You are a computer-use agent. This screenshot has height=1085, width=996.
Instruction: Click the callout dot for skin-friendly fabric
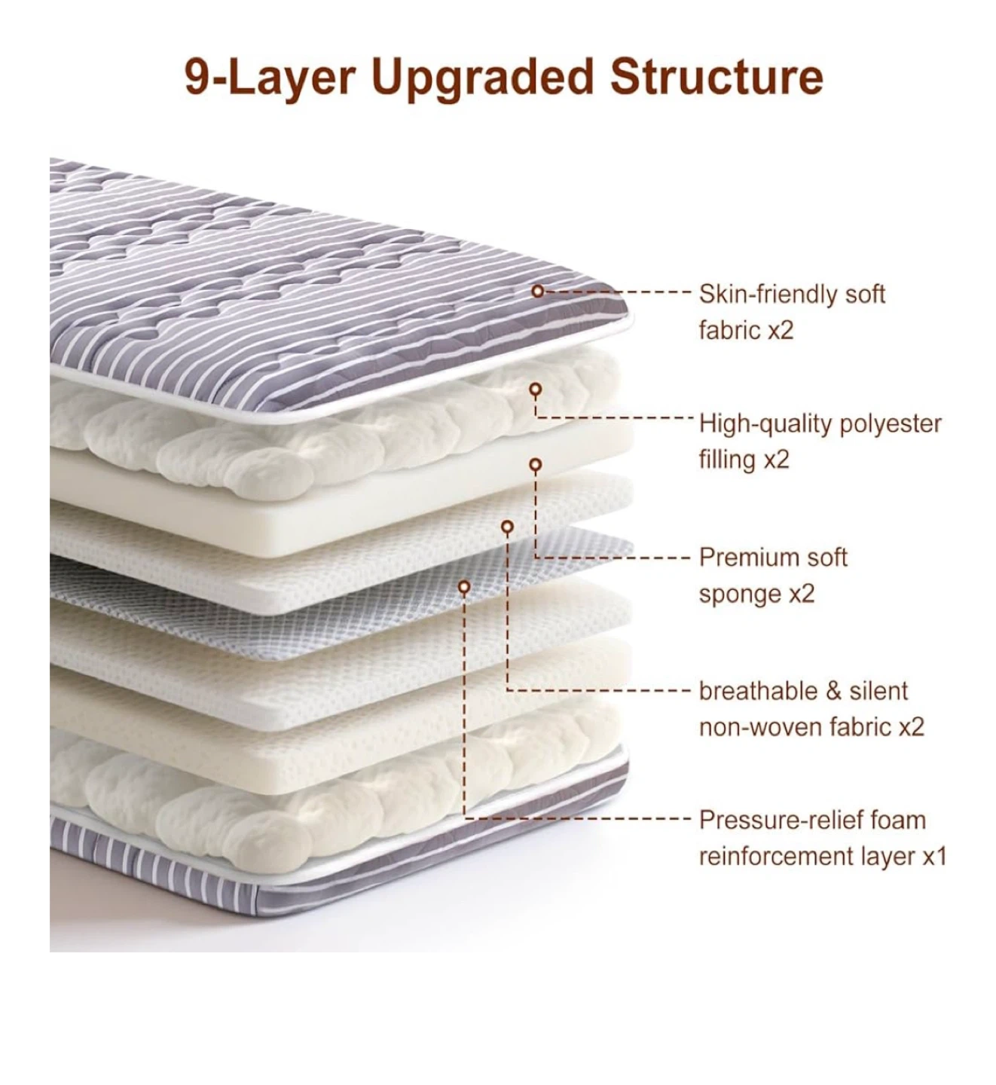pos(537,290)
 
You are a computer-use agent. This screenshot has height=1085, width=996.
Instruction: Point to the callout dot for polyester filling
pos(535,390)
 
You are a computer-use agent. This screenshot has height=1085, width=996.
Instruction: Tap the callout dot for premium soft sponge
pos(535,464)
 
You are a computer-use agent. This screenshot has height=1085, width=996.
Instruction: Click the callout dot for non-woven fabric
pos(508,527)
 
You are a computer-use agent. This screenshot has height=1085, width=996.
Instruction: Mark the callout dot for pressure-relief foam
pos(465,585)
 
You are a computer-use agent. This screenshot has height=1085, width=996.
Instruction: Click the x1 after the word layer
pos(934,857)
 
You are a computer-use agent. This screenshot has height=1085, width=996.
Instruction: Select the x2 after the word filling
pos(775,460)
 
